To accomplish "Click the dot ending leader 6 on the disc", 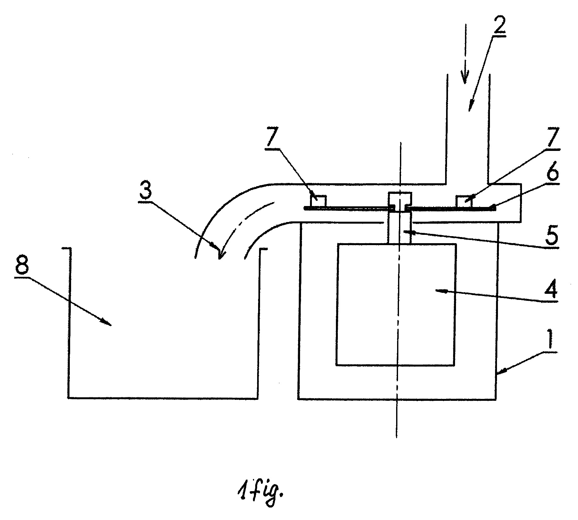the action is pos(493,207).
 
